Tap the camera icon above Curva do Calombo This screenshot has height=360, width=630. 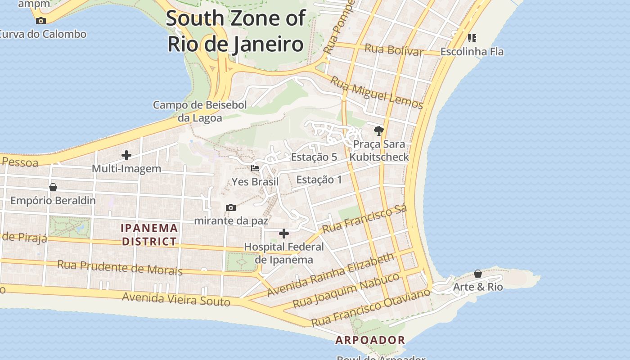[x=41, y=21]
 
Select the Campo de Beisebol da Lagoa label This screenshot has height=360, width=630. [x=200, y=112]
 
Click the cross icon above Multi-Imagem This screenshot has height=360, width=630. [x=126, y=155]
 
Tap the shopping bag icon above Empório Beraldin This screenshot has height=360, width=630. [x=53, y=187]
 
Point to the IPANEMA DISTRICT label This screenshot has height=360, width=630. [x=149, y=235]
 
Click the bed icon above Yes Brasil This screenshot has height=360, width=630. [x=255, y=168]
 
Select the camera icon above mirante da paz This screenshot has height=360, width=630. [x=231, y=207]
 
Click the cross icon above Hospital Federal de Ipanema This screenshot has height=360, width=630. [x=284, y=233]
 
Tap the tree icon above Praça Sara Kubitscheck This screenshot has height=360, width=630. [x=379, y=131]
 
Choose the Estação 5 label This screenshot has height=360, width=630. [x=314, y=157]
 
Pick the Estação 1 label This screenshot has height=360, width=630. [x=319, y=180]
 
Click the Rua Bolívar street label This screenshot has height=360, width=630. [x=394, y=50]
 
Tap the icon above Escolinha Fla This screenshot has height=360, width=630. [x=472, y=38]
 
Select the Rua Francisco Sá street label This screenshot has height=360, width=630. [x=364, y=219]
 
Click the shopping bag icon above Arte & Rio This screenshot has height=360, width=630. [x=478, y=274]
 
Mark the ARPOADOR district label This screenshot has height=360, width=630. [x=370, y=340]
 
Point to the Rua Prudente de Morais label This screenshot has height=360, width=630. [x=120, y=267]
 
